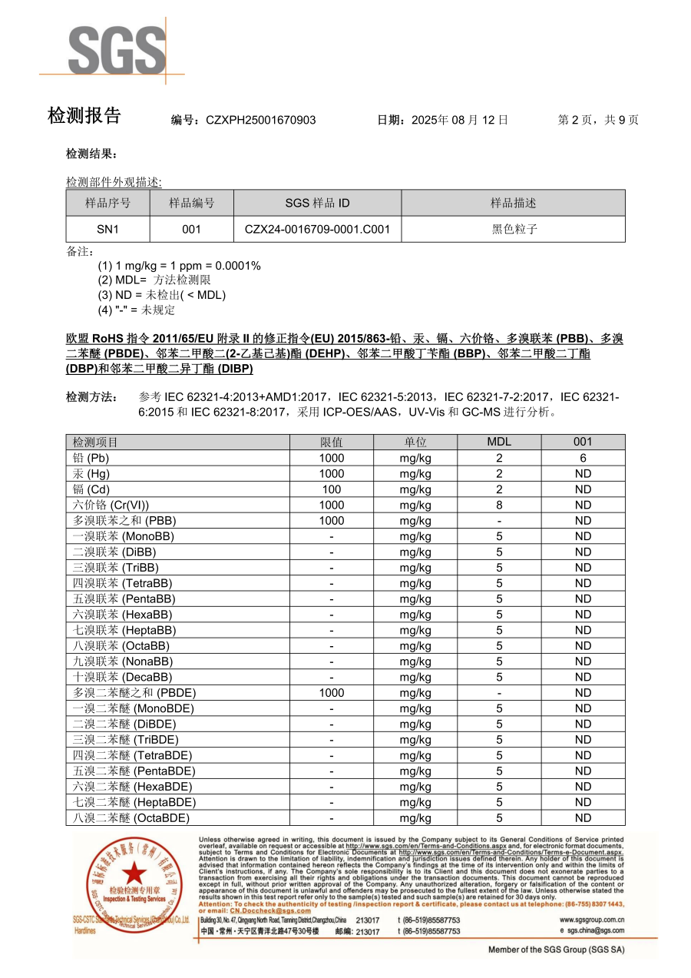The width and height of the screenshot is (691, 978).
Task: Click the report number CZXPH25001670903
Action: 260,120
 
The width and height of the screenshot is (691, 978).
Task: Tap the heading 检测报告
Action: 84,116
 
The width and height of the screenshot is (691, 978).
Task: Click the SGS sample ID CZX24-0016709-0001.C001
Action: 317,229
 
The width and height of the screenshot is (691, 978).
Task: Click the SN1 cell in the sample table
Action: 107,229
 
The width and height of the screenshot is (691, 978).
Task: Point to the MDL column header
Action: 499,442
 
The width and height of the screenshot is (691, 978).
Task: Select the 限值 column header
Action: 332,442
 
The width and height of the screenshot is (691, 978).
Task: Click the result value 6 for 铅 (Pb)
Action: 583,458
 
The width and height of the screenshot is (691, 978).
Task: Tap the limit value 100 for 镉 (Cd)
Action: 332,489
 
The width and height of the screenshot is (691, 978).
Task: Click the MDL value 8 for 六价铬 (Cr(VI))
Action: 499,505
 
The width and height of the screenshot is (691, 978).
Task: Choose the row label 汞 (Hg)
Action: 91,474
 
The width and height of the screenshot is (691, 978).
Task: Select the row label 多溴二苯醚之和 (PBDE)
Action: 125,693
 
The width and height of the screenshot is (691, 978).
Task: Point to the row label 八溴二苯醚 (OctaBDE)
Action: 131,818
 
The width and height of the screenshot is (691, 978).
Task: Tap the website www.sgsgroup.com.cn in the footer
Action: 591,920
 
